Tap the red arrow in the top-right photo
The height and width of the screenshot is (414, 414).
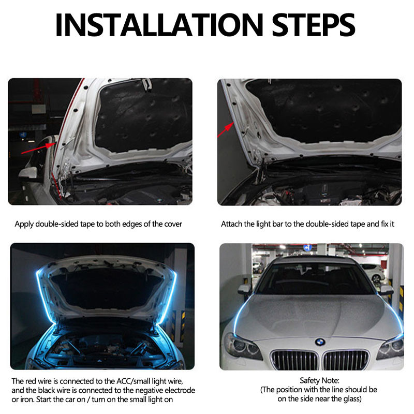[x=226, y=129]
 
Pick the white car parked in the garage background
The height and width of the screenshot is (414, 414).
[x=372, y=271]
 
